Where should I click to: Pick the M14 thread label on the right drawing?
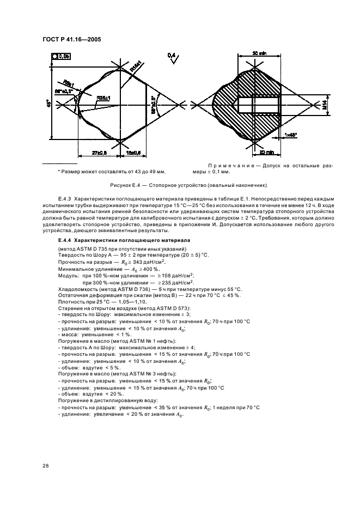325,106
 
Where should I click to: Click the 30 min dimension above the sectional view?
259,53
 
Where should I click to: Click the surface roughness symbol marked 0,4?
172,56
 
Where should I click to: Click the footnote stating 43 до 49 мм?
104,172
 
